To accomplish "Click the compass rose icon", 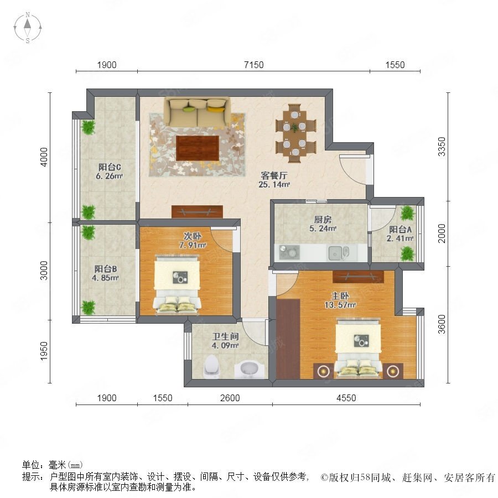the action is click(28, 28).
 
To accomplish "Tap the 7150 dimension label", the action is click(254, 65).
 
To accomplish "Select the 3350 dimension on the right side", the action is click(442, 147).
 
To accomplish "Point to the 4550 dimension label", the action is click(346, 398).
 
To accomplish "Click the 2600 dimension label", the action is click(230, 398).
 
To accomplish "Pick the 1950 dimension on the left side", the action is click(44, 351).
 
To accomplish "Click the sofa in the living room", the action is click(197, 112).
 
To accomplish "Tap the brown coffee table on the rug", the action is click(198, 148).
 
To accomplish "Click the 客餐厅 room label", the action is click(274, 175).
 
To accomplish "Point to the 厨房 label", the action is click(323, 219).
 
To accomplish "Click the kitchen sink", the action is click(338, 253).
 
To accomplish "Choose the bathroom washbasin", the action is click(250, 370).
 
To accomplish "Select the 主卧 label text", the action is click(340, 296).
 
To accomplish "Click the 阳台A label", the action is click(400, 229).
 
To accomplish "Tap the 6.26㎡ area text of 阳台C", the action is click(109, 176).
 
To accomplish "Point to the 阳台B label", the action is click(106, 269).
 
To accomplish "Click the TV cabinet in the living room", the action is click(197, 211).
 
